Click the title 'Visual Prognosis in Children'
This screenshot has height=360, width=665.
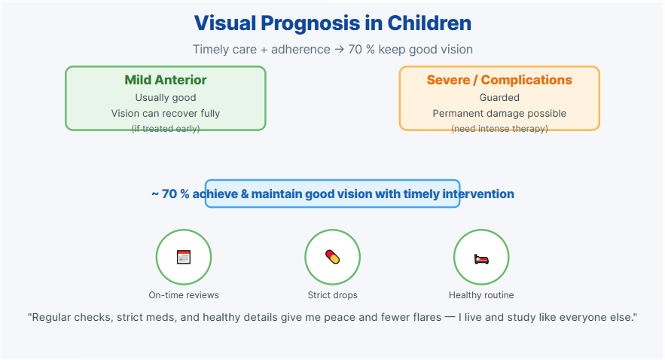(333, 23)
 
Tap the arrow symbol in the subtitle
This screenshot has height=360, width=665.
(339, 50)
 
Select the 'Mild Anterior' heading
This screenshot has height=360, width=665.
(166, 80)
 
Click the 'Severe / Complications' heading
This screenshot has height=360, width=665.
(499, 80)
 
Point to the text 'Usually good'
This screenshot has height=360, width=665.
(166, 97)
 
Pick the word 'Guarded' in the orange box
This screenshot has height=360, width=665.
(499, 97)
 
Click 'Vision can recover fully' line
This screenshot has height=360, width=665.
(166, 113)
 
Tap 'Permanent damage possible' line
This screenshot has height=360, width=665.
(499, 113)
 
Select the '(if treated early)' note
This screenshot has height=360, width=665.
(166, 129)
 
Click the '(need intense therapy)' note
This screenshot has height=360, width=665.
(499, 129)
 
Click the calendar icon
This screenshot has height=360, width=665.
(184, 257)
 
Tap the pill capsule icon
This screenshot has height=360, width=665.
(333, 257)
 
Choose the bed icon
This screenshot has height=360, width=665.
(481, 258)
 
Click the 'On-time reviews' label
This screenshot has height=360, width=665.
(184, 295)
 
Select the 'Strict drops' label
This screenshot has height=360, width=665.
(333, 295)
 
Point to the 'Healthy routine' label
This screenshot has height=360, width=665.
(481, 295)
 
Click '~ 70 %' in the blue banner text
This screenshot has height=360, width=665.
(170, 194)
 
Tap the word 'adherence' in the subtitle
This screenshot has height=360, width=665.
(300, 50)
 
